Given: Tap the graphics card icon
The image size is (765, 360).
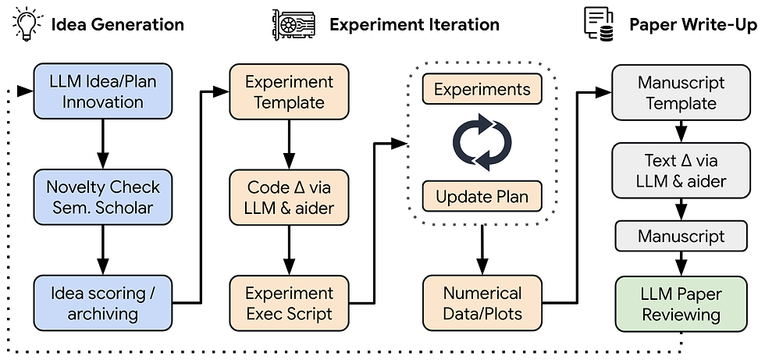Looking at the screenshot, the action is point(294,24).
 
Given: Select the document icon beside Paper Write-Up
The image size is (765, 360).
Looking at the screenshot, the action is point(599,24).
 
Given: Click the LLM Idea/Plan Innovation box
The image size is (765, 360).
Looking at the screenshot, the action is point(102,91).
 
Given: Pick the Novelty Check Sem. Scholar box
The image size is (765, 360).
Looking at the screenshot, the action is point(102,197).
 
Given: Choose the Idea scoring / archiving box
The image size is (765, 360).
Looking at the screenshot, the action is point(102,303).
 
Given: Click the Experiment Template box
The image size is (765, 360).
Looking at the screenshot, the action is point(290,91).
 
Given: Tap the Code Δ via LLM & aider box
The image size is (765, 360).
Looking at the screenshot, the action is point(290,197).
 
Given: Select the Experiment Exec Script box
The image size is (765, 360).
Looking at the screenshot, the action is point(290,303).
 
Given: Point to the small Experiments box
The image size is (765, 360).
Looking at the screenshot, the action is point(482,89).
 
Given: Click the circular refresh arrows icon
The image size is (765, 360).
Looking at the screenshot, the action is point(482,142).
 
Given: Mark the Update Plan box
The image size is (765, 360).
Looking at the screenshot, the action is point(482,196).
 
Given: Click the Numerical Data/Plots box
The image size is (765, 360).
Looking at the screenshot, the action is point(482,303).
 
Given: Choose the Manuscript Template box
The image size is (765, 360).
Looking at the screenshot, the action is point(681,91).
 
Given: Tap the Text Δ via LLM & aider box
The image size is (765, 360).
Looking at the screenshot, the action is point(681,170).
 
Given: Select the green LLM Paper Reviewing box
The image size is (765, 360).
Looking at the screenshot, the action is point(681,304).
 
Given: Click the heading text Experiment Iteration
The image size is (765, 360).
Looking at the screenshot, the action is point(415,24).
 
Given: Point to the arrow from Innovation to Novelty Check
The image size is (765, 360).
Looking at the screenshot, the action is point(102,144).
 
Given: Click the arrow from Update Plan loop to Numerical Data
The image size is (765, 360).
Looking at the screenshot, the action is point(482,250).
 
